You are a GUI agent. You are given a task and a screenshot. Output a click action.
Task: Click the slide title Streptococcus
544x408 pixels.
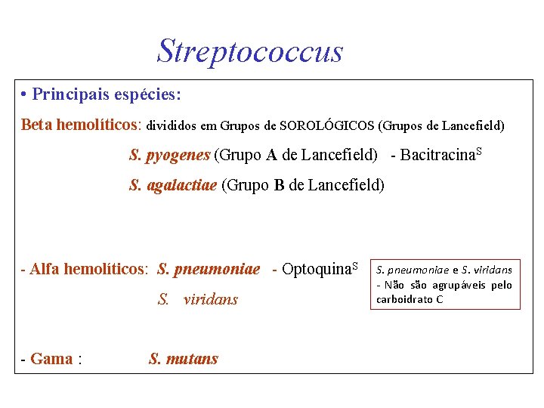pyautogui.click(x=249, y=50)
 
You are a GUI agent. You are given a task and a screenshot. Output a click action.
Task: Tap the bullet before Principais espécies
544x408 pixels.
pyautogui.click(x=25, y=95)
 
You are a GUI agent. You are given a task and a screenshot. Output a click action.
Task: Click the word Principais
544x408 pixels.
pyautogui.click(x=72, y=95)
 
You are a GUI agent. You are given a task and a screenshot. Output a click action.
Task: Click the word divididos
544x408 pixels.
pyautogui.click(x=175, y=125)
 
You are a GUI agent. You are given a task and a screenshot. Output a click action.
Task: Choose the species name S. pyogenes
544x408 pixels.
pyautogui.click(x=169, y=156)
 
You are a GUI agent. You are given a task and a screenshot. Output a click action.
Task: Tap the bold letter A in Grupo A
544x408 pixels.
pyautogui.click(x=271, y=156)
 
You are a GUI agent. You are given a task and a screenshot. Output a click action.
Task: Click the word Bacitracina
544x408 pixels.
pyautogui.click(x=437, y=156)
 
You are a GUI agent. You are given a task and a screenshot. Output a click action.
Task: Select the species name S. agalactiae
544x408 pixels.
pyautogui.click(x=173, y=185)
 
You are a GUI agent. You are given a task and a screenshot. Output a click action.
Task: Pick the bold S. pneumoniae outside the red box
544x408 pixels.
pyautogui.click(x=209, y=269)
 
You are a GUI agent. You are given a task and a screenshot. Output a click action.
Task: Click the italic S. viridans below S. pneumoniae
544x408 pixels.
pyautogui.click(x=198, y=299)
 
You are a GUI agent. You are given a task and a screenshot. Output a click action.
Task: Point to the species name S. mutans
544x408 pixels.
pyautogui.click(x=184, y=359)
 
